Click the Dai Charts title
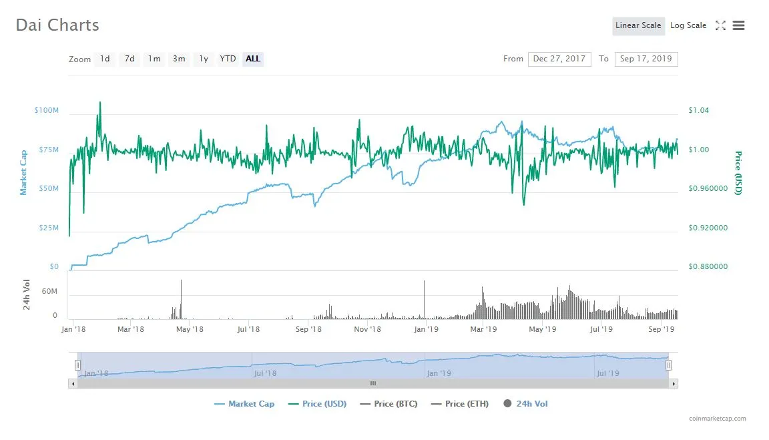[x=57, y=25]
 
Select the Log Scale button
[x=688, y=26]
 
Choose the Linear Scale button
[x=638, y=26]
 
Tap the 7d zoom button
[x=130, y=59]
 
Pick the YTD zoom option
[x=228, y=59]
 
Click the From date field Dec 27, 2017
[x=559, y=59]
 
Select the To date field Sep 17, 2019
[x=646, y=59]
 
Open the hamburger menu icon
[x=738, y=26]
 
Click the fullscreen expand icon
[x=720, y=26]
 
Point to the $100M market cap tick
[x=46, y=109]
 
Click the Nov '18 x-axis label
[x=367, y=329]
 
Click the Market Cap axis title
[x=23, y=172]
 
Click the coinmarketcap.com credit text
[x=718, y=419]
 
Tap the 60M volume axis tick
[x=50, y=292]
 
